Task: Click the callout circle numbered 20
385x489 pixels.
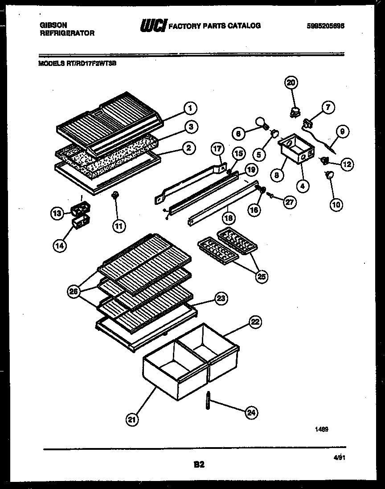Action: pos(291,82)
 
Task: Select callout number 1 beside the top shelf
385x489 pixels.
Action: pos(190,108)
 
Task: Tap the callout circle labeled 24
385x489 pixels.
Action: pos(251,412)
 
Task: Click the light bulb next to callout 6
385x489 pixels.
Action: pos(260,122)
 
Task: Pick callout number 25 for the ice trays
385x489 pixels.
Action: pos(262,277)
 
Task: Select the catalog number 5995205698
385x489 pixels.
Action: pos(325,26)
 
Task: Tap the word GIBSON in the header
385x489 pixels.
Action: pos(51,26)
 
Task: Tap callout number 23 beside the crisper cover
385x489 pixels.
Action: pos(220,299)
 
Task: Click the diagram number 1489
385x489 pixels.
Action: pos(322,429)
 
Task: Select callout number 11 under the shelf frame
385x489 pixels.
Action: pos(118,226)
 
